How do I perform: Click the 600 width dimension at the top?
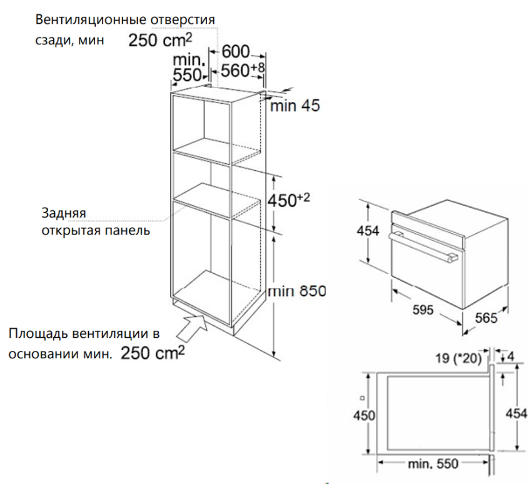point(236,52)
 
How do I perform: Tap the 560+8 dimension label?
point(243,70)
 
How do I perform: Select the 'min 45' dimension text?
point(295,106)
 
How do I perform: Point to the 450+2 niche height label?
point(288,200)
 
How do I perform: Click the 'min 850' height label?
point(297,291)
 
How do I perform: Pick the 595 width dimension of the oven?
point(423,310)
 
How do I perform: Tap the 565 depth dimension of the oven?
point(486,318)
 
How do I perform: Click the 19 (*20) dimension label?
point(458,358)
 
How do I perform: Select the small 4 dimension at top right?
point(510,357)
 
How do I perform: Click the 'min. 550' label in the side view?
point(433,463)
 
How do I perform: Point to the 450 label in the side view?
point(364,415)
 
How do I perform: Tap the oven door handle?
point(423,248)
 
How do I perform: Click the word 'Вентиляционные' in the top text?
point(91,19)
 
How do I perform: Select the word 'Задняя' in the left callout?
point(64,213)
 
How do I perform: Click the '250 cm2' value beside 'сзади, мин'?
point(160,40)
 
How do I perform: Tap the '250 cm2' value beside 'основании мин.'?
point(153,353)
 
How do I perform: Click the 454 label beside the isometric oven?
point(368,231)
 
